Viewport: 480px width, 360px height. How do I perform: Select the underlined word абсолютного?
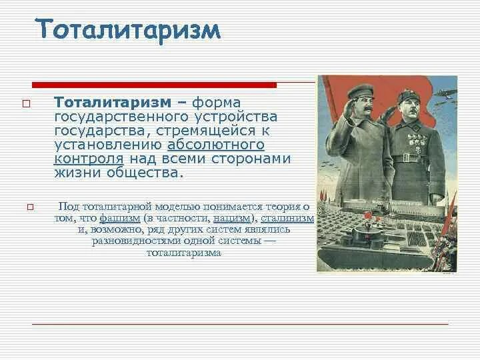point(216,144)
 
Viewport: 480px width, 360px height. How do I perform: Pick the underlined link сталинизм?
point(287,218)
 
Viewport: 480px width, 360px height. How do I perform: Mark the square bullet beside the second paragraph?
point(30,207)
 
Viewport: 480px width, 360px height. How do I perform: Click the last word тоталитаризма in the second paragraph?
point(184,253)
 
